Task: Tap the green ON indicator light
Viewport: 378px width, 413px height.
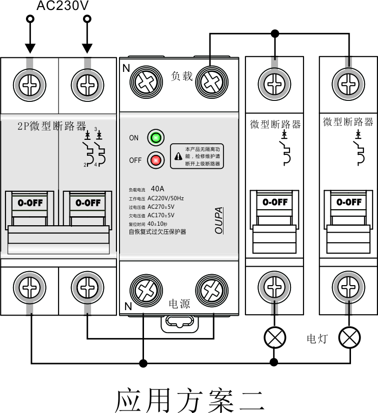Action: point(155,138)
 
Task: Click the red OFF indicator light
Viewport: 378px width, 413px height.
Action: point(155,160)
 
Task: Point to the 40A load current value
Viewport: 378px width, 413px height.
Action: point(157,189)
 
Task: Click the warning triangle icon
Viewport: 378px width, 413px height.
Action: point(178,156)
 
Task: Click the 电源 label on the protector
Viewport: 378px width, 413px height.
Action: point(179,303)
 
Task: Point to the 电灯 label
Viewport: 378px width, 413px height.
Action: point(316,339)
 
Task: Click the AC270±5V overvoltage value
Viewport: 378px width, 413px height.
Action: point(161,206)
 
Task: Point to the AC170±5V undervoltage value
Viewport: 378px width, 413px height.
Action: point(161,215)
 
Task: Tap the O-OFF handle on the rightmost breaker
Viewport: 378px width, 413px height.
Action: point(349,202)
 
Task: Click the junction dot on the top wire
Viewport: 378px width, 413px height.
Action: point(274,34)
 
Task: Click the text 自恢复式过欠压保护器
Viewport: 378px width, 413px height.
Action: point(157,232)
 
